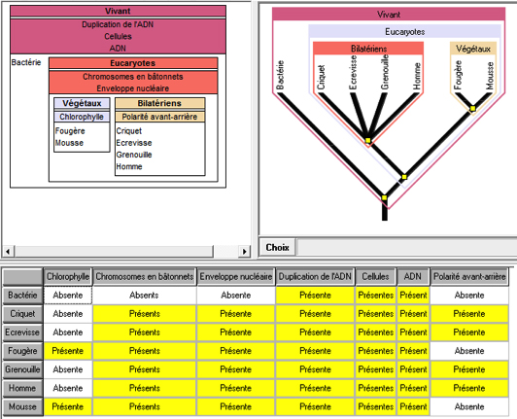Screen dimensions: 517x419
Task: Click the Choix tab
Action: click(x=277, y=247)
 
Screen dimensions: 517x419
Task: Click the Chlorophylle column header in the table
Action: click(x=68, y=276)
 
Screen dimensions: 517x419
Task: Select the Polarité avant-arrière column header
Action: click(x=469, y=276)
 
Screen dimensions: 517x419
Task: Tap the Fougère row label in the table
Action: click(x=22, y=351)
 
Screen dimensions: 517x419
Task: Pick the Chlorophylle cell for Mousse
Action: click(x=68, y=406)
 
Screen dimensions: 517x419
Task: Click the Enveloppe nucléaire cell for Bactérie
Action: click(x=236, y=295)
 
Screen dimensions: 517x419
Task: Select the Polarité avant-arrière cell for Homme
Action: click(x=469, y=388)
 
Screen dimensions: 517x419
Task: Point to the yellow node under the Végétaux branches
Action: click(x=473, y=109)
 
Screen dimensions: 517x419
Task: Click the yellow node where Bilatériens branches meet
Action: click(x=368, y=141)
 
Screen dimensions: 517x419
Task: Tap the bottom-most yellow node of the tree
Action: click(x=385, y=198)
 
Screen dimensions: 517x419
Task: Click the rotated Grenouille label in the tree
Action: click(x=385, y=72)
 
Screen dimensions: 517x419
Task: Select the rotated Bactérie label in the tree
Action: click(x=280, y=75)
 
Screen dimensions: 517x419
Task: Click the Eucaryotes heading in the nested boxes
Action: click(x=133, y=63)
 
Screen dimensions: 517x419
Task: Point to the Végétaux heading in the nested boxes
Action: click(x=82, y=103)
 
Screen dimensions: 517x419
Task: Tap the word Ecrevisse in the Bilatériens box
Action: click(x=134, y=143)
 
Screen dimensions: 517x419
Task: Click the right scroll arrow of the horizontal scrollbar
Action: click(x=244, y=252)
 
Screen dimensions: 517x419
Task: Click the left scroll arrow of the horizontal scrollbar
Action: click(x=8, y=252)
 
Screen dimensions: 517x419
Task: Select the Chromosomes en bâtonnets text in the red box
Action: click(x=133, y=77)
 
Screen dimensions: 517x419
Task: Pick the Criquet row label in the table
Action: click(x=22, y=313)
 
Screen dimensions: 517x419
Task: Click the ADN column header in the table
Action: click(x=413, y=276)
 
